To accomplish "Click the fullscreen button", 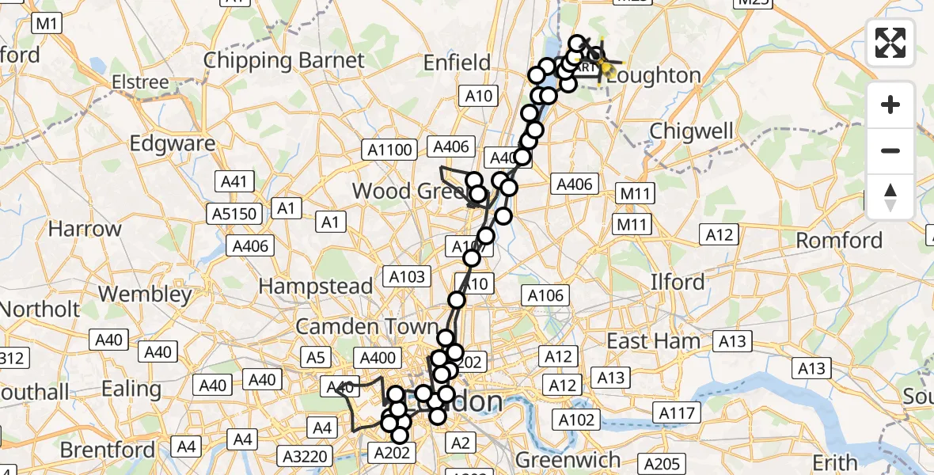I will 890,43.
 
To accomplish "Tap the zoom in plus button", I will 890,104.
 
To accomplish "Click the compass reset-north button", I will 890,197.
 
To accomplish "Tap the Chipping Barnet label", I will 284,60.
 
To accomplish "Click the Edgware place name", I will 173,143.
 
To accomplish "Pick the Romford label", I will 838,240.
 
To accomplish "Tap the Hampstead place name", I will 315,286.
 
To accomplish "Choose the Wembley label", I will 145,294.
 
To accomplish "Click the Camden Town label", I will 366,326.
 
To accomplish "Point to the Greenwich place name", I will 568,460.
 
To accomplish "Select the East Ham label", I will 653,341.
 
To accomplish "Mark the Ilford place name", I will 678,282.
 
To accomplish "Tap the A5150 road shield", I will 236,214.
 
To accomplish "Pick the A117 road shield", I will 675,412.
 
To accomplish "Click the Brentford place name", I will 108,450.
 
